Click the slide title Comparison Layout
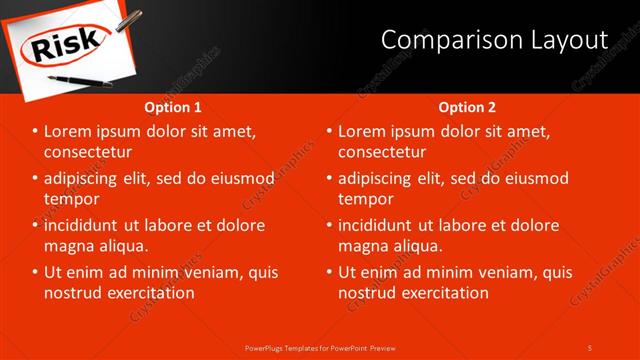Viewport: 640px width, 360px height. click(x=495, y=40)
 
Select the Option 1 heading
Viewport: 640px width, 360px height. click(x=173, y=107)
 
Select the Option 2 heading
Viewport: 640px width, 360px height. click(x=467, y=107)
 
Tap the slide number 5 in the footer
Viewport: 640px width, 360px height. click(x=590, y=347)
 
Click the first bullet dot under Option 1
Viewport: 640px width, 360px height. click(x=35, y=132)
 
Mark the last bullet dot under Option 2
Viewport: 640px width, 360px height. click(x=329, y=272)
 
